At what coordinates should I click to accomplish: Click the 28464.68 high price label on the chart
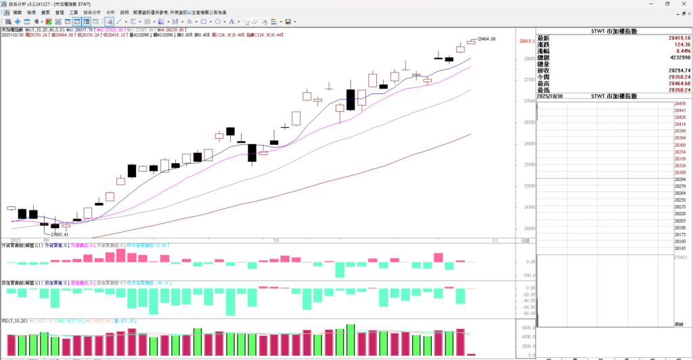pyautogui.click(x=487, y=39)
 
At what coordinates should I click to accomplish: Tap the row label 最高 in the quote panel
pyautogui.click(x=543, y=83)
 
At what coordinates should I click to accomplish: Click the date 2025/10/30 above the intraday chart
pyautogui.click(x=550, y=97)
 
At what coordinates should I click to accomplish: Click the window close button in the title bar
pyautogui.click(x=683, y=4)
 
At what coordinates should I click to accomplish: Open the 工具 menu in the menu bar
pyautogui.click(x=74, y=13)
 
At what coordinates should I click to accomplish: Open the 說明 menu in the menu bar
pyautogui.click(x=124, y=13)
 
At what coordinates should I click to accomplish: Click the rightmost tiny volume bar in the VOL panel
pyautogui.click(x=472, y=355)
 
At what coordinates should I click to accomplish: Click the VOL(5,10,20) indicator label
pyautogui.click(x=14, y=321)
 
